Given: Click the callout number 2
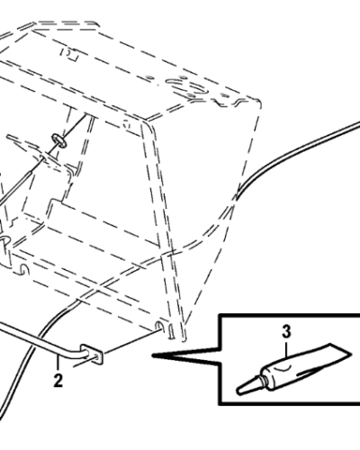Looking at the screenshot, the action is pos(58,381).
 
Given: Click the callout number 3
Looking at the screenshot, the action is pos(286,332).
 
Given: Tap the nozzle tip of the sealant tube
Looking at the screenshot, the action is pos(239,391).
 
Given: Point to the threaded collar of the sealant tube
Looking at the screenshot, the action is pos(264,380).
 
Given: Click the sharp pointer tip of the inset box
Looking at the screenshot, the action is pos(153,355).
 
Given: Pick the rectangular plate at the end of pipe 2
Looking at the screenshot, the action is pos(93,354).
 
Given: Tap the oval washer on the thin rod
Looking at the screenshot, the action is pos(58,140).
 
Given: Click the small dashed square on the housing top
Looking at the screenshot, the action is pos(69,54).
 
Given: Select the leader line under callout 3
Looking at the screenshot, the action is pos(286,347).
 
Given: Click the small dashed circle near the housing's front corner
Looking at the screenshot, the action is pos(127,123).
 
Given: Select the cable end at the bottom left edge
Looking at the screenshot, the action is pos(2,417).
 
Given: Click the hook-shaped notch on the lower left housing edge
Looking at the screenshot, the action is pos(24,269).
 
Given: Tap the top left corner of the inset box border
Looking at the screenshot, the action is pos(220,315).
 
